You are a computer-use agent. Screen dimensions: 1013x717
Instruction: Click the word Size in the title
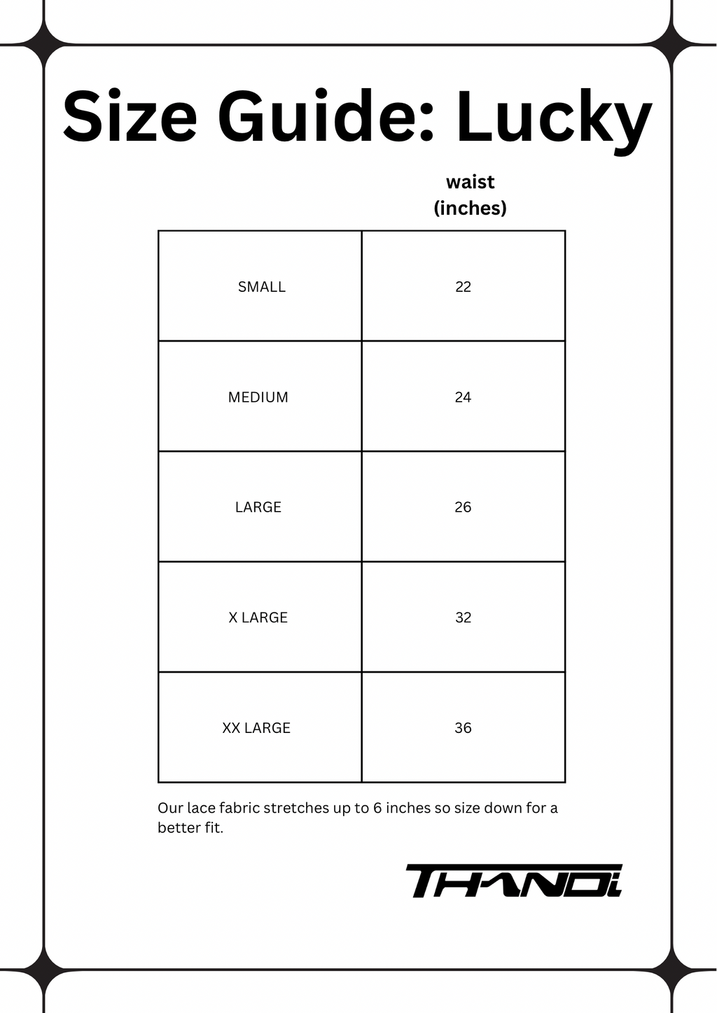coord(130,117)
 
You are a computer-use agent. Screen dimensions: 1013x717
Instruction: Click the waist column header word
coord(470,182)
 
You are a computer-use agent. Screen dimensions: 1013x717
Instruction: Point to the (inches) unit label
coord(470,208)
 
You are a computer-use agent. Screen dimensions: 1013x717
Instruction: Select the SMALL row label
coord(261,287)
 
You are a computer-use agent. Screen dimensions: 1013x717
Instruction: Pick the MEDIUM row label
coord(258,398)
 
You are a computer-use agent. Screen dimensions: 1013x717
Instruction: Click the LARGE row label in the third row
coord(258,508)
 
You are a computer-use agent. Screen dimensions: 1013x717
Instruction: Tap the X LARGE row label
coord(258,617)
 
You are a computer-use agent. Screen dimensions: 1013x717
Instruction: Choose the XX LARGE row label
coord(256,728)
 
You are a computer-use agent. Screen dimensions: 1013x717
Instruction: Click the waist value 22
coord(463,287)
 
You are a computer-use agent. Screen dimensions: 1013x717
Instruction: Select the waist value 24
coord(463,398)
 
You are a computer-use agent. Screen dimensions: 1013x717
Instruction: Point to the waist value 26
coord(463,508)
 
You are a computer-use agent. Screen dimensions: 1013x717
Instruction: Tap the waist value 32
coord(463,617)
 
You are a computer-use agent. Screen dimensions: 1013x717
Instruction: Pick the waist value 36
coord(463,728)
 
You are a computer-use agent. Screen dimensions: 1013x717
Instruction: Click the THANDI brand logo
coord(513,881)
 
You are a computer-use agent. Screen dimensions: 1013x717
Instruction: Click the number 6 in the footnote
coord(377,809)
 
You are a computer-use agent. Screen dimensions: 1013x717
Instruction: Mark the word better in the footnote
coord(179,828)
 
